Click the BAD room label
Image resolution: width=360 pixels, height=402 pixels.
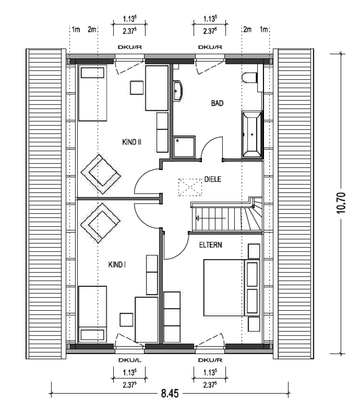pos(217,103)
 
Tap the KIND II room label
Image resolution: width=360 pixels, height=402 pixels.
pos(132,142)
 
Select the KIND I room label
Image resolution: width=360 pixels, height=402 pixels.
pos(117,264)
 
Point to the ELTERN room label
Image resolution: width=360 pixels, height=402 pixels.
pos(210,245)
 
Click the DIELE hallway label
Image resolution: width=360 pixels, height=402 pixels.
pos(213,179)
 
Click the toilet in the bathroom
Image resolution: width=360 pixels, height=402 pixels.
pos(249,78)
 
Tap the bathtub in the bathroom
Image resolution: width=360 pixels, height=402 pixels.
pos(252,134)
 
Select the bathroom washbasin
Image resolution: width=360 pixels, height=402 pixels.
pos(178,91)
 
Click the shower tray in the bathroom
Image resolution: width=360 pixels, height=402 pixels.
pos(184,147)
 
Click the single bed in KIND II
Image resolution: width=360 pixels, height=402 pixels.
pos(92,93)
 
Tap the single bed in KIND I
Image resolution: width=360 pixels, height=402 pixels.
pos(92,314)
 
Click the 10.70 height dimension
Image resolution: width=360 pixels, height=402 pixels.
pos(341,203)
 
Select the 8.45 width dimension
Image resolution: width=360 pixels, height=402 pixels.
pos(170,393)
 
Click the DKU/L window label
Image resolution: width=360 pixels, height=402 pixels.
pos(130,360)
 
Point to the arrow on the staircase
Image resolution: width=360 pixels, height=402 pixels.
pos(210,218)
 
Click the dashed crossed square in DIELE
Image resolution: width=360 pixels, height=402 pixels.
pos(190,188)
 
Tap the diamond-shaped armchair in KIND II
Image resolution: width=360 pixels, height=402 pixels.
pos(101,174)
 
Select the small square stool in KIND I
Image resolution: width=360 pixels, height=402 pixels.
pos(127,320)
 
